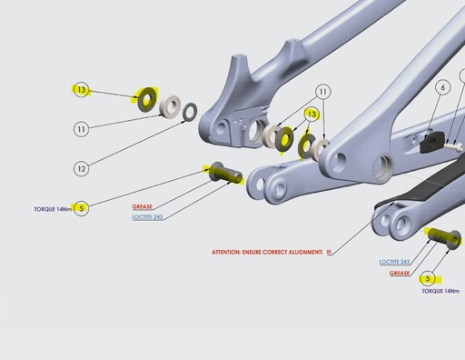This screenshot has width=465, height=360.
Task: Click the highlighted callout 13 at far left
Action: pos(82,90)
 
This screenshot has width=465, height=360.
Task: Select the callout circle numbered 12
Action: pos(82,169)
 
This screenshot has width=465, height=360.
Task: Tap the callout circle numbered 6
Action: pos(442,88)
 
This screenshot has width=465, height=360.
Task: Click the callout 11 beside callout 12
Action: pos(82,130)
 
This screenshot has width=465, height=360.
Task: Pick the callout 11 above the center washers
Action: pos(322,92)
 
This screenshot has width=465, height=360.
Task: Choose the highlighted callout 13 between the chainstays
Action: pos(312,115)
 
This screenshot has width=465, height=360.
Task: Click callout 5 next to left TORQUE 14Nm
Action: pos(82,208)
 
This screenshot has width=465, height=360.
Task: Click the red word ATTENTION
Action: pos(232,252)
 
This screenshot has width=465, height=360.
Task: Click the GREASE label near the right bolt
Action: pos(400,273)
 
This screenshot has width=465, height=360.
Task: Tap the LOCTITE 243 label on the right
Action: pos(394,262)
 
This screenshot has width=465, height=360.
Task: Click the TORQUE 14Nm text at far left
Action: pos(38,208)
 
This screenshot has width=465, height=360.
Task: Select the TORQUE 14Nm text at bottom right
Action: pos(440,292)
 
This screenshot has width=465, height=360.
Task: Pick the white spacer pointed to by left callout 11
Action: pos(168,107)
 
